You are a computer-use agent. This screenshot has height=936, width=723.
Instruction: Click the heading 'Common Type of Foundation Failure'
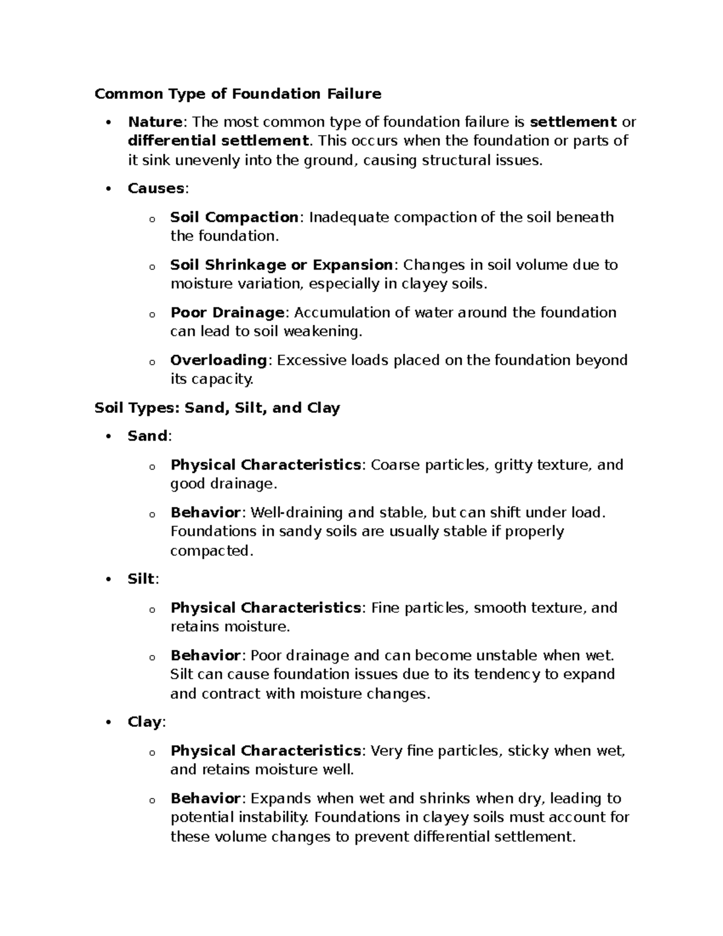click(x=238, y=94)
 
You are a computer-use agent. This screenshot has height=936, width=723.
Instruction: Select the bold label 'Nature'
click(x=155, y=122)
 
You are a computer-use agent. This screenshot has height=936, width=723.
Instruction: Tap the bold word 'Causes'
click(x=156, y=189)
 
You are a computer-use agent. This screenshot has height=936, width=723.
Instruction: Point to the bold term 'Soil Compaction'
click(x=234, y=217)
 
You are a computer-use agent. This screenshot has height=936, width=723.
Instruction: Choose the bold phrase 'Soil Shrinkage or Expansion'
click(x=281, y=265)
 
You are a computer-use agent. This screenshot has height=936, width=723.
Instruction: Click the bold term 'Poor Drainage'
click(x=227, y=313)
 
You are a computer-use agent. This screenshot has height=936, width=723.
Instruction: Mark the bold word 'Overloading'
click(x=219, y=360)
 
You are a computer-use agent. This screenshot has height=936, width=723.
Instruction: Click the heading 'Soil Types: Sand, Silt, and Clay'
click(x=218, y=408)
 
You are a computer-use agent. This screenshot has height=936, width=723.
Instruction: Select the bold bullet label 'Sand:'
click(x=149, y=436)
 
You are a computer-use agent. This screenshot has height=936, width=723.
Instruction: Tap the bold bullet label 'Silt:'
click(x=143, y=579)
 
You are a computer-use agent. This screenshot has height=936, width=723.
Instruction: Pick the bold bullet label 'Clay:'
click(x=146, y=722)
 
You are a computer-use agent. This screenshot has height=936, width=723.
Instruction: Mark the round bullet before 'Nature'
click(x=108, y=123)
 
